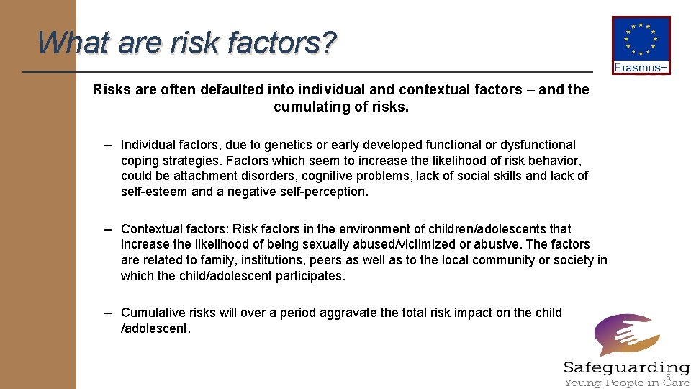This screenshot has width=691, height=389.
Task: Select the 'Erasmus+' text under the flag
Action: (641, 68)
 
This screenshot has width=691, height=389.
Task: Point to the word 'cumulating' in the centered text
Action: (307, 107)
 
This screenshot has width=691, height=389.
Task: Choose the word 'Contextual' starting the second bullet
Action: (151, 228)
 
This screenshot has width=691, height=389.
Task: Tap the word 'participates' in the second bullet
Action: (310, 276)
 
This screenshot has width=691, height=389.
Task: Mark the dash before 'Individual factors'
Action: (107, 145)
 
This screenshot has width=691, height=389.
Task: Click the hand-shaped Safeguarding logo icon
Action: (625, 334)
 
